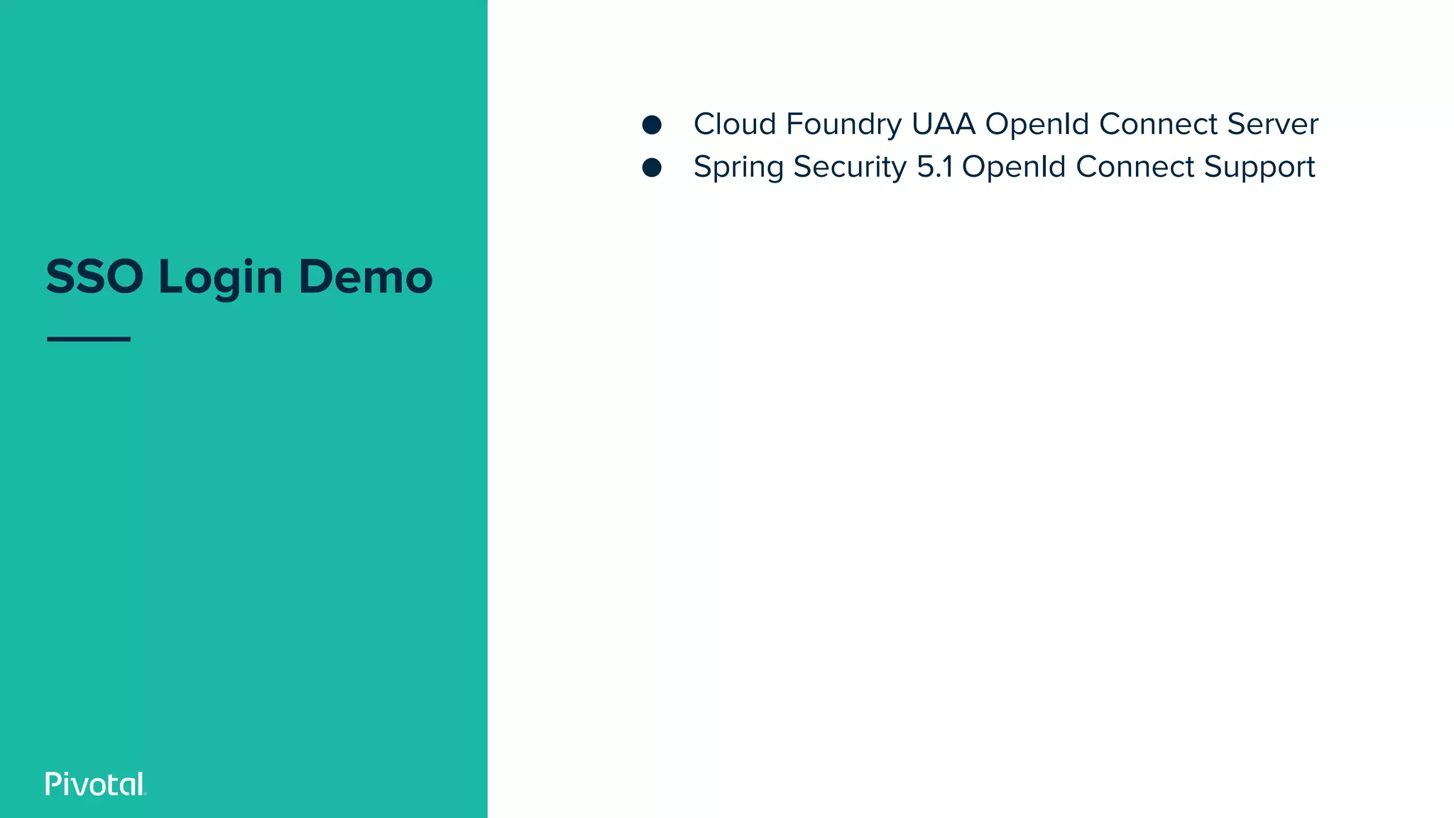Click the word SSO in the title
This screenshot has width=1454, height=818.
point(94,276)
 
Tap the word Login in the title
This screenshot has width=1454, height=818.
point(220,278)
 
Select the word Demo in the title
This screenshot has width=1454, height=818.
point(365,276)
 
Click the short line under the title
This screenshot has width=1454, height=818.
point(89,339)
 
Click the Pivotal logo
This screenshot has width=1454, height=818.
point(95,784)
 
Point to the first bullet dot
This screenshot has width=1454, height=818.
point(652,125)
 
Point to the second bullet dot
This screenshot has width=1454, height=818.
point(652,168)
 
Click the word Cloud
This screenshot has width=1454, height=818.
point(734,124)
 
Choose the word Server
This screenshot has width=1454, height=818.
point(1272,124)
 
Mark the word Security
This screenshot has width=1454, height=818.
point(850,168)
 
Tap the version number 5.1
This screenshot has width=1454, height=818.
point(934,167)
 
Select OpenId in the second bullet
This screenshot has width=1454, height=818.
point(1014,168)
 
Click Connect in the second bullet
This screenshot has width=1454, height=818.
point(1135,167)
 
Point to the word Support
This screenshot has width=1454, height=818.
point(1259,168)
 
